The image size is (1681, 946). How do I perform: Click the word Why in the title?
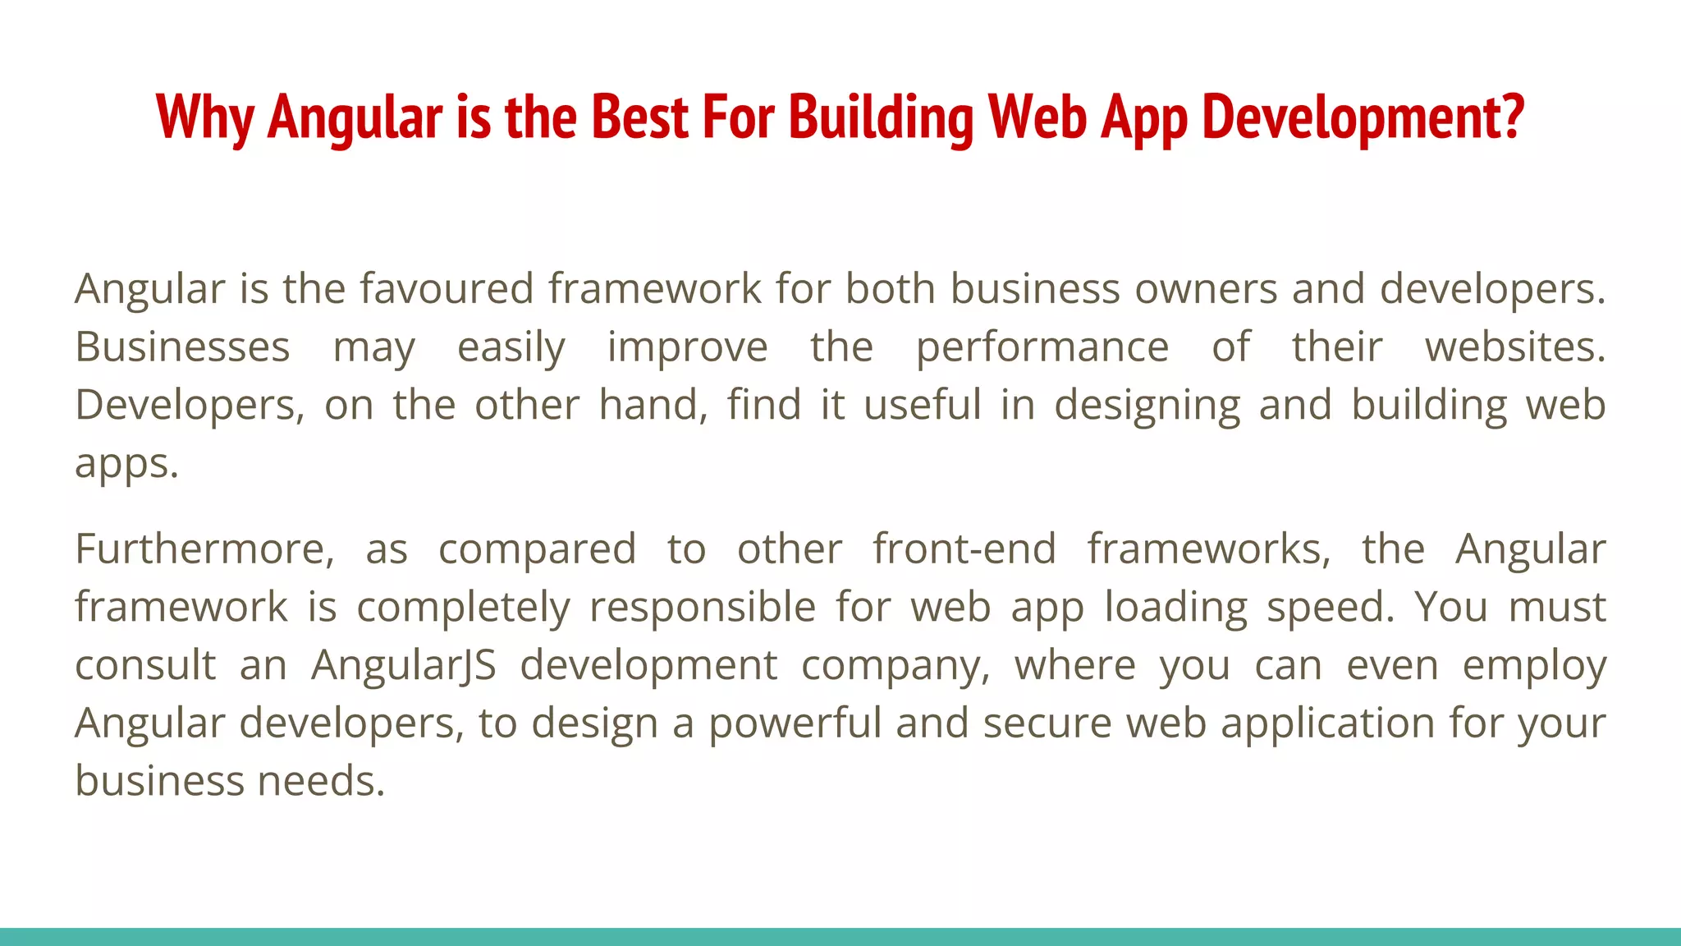204,117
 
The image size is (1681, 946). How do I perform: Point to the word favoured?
447,289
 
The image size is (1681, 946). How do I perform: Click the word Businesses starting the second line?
182,347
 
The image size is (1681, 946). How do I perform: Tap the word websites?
1514,347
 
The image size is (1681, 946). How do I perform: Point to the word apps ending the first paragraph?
126,465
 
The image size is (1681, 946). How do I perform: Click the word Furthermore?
204,549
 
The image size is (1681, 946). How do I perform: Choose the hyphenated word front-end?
964,549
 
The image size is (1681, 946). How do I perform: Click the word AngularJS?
404,666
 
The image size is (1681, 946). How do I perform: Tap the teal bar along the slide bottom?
840,936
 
